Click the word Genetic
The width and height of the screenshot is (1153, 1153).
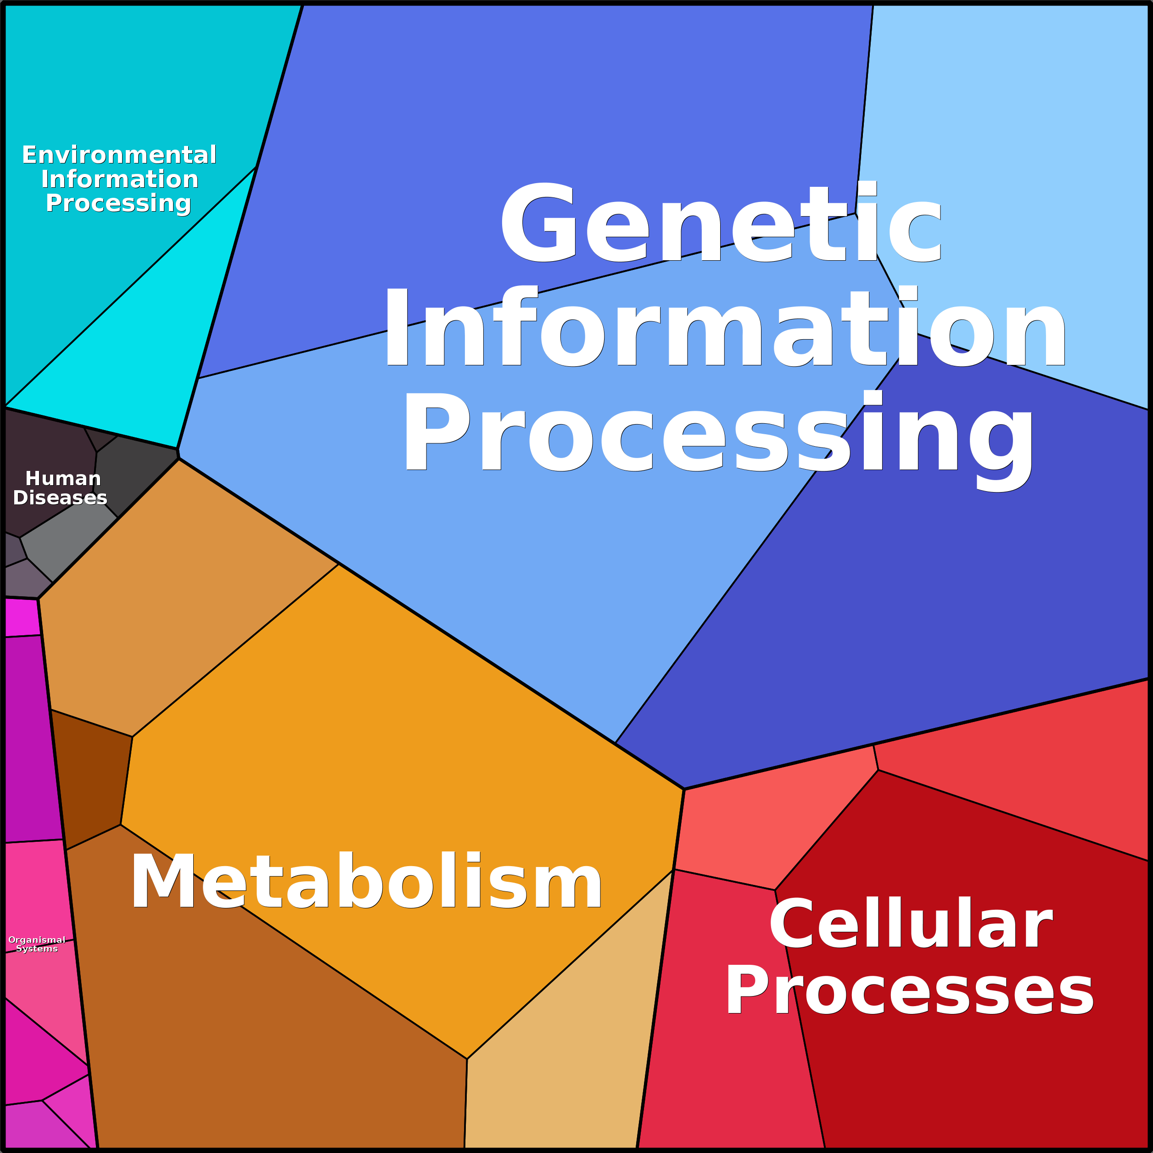[721, 224]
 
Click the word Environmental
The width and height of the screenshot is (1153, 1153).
[119, 155]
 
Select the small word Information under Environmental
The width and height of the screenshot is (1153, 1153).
[119, 179]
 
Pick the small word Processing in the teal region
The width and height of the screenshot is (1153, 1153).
[118, 203]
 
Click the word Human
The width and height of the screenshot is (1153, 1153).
[63, 479]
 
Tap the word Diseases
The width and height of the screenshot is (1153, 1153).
[60, 498]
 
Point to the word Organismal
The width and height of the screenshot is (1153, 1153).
[37, 940]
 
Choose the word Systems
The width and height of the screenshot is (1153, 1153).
[37, 949]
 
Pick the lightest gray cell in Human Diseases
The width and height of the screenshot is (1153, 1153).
[66, 543]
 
